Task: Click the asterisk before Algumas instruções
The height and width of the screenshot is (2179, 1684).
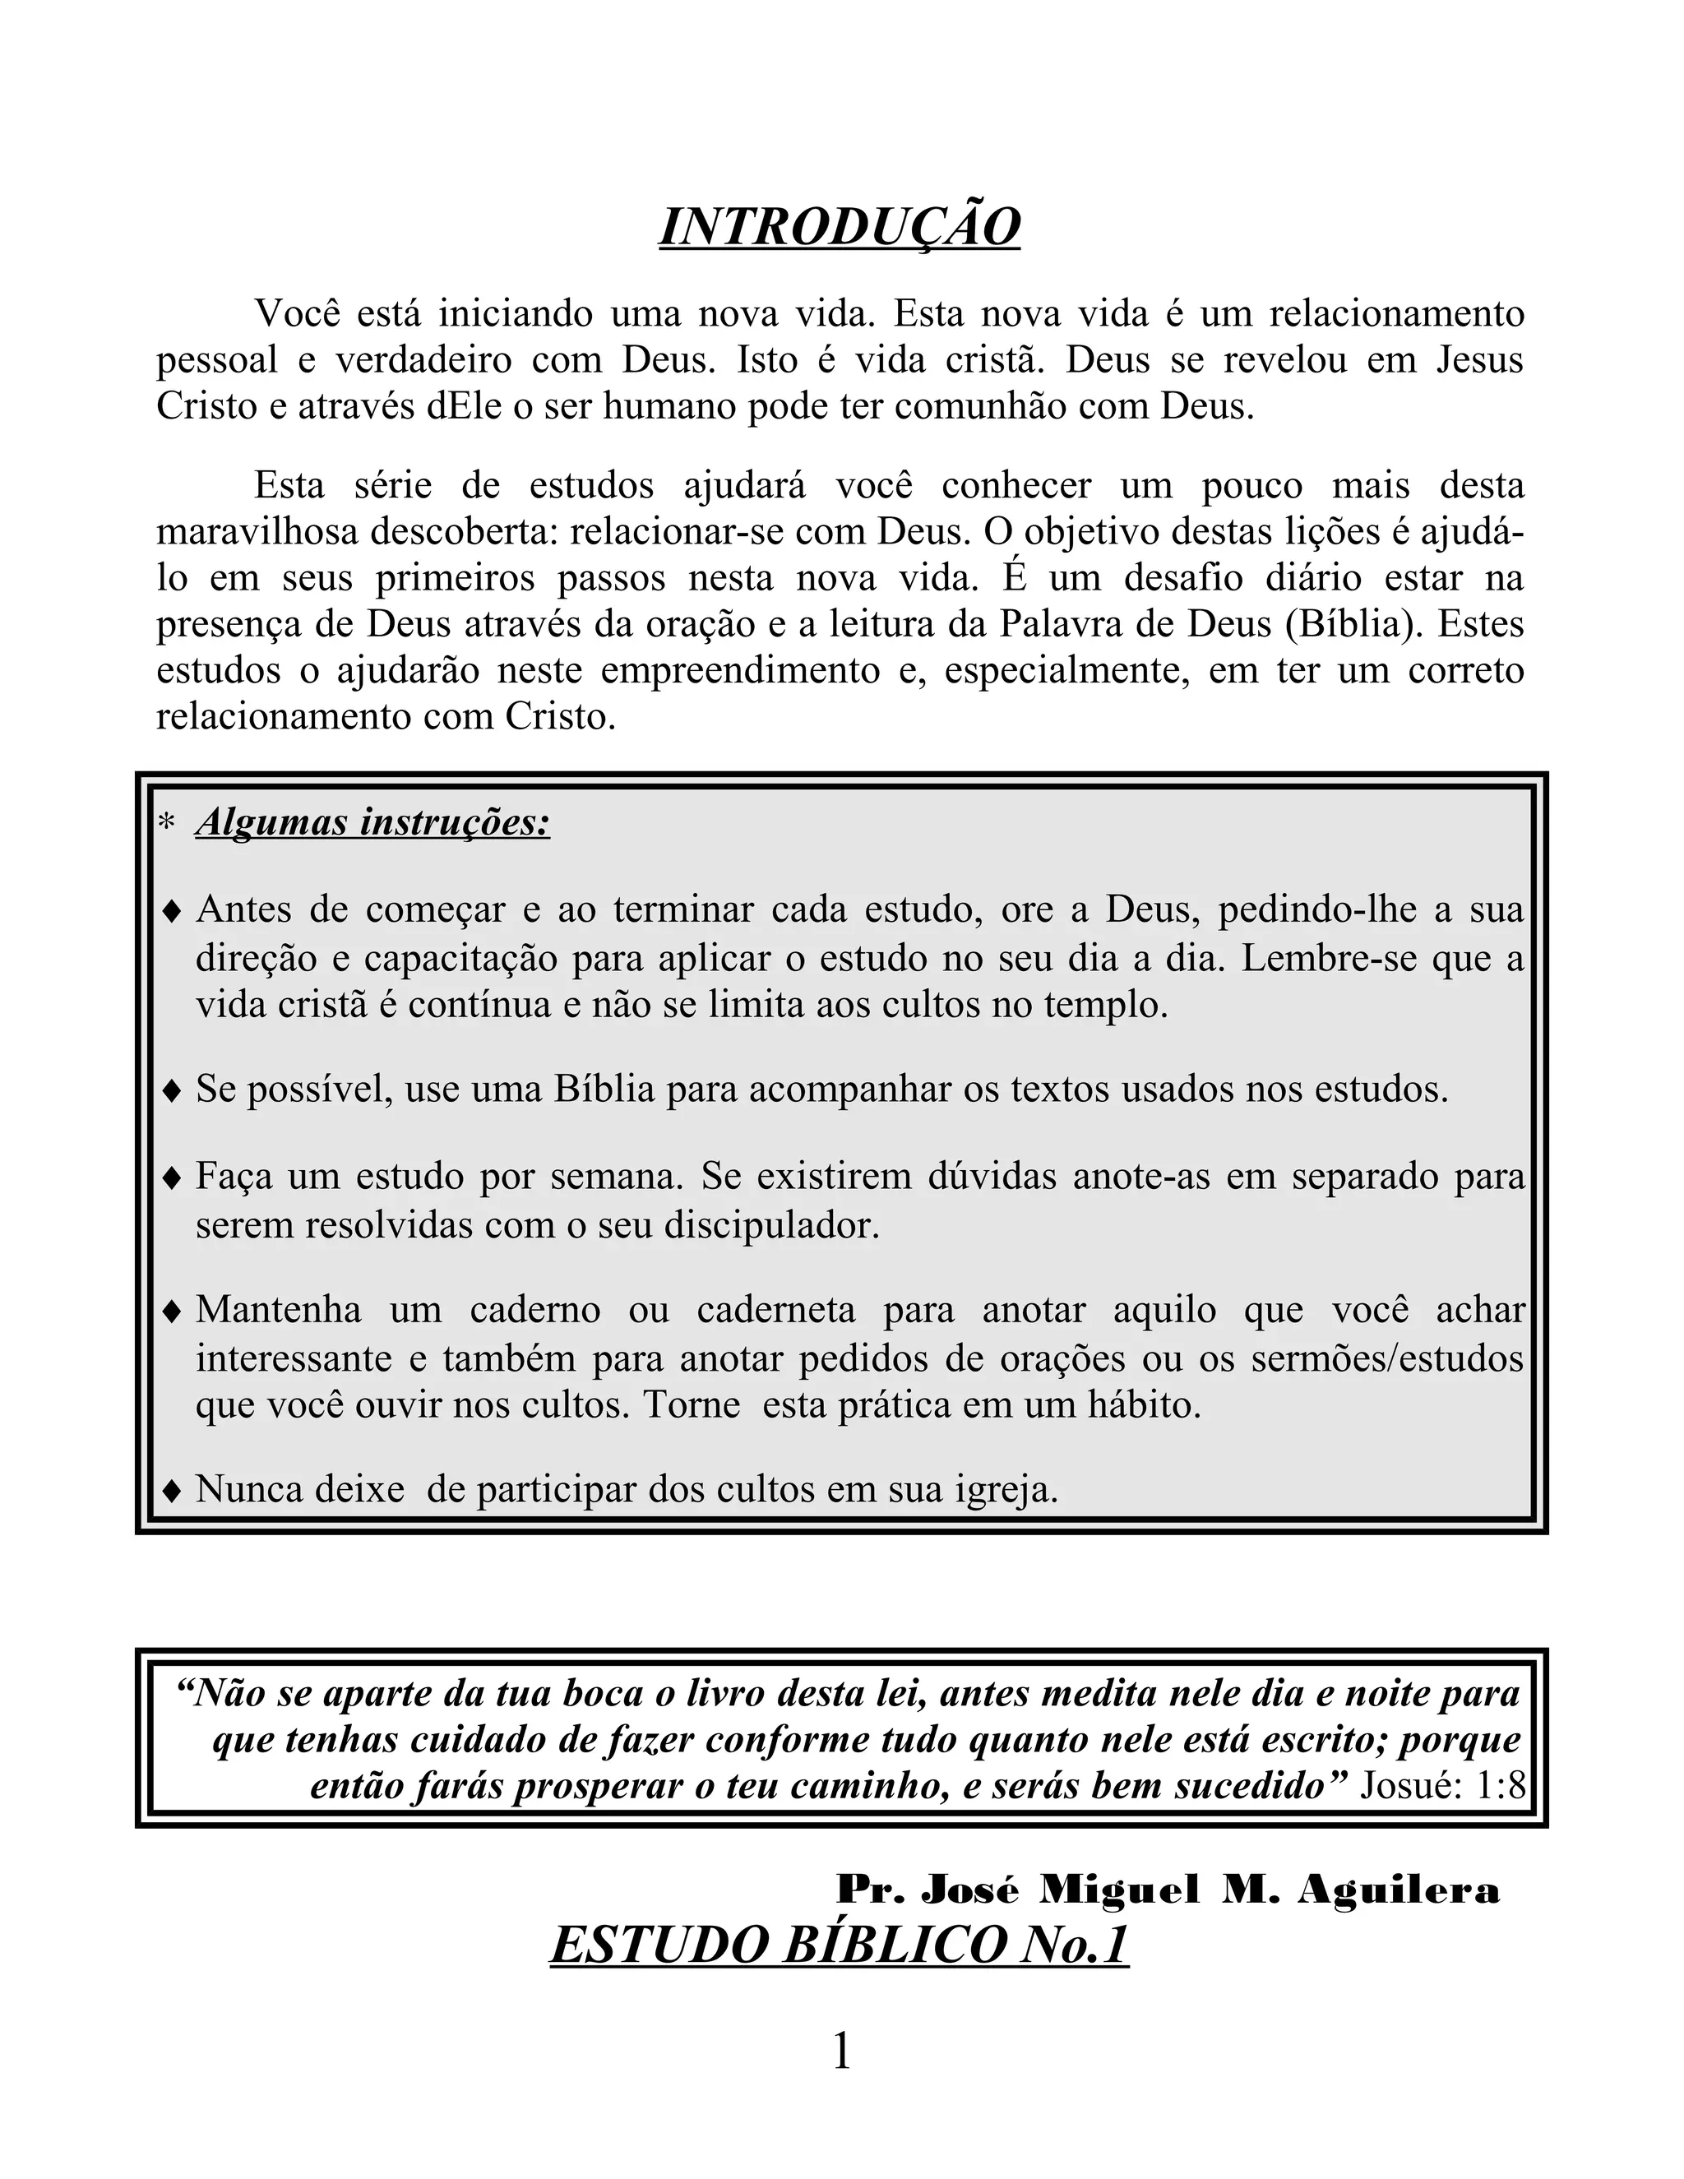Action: click(167, 824)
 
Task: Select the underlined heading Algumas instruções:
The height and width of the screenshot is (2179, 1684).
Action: click(373, 823)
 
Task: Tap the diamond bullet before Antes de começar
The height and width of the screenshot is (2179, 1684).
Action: click(172, 911)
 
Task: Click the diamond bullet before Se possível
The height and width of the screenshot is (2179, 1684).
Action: click(172, 1090)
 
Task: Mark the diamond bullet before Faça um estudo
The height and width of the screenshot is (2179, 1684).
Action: click(172, 1178)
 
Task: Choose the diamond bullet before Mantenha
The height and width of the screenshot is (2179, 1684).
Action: click(172, 1311)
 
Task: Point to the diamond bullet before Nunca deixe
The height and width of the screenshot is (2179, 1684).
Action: click(172, 1492)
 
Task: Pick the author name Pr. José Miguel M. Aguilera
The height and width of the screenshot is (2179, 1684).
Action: click(1168, 1889)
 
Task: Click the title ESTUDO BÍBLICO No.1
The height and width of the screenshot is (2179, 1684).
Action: click(839, 1945)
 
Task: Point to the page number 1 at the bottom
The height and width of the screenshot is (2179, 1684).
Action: click(841, 2052)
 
